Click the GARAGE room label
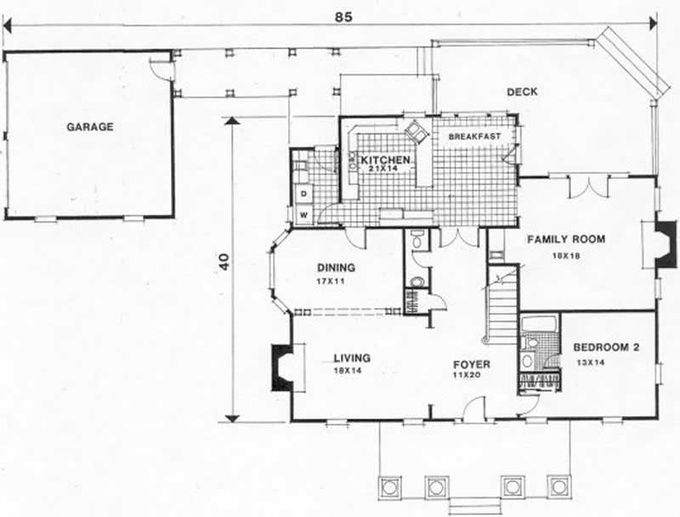(90, 127)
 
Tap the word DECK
(522, 93)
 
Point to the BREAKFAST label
(474, 136)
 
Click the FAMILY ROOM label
(566, 239)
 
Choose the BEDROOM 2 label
(605, 346)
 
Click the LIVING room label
(352, 358)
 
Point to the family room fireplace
(666, 244)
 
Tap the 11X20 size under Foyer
(470, 377)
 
